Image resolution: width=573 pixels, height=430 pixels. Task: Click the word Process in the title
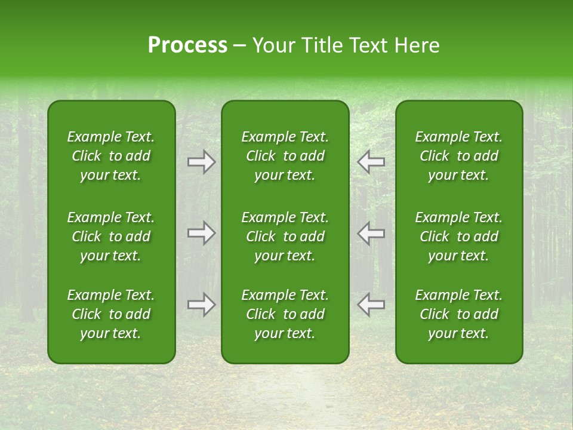coord(187,45)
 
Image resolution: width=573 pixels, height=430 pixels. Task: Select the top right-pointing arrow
coord(202,162)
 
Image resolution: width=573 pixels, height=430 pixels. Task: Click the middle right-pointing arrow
coord(202,233)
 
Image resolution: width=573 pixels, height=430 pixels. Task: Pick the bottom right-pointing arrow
coord(202,305)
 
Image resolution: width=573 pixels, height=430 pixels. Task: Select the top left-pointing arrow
coord(371,162)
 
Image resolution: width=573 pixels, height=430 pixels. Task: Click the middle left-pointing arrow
coord(371,233)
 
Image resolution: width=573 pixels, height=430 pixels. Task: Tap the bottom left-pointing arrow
coord(371,305)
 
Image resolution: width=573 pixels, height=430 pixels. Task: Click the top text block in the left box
coord(111,156)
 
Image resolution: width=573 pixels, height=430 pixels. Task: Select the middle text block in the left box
coord(111,236)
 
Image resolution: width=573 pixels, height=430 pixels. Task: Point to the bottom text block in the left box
coord(111,314)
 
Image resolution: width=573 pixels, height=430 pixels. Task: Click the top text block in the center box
coord(285,156)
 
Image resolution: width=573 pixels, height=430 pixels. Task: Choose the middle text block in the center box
coord(285,236)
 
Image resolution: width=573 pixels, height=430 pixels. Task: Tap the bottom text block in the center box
coord(285,314)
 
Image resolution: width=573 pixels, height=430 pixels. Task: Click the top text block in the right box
coord(459,156)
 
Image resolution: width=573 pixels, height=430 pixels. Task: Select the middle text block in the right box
coord(459,236)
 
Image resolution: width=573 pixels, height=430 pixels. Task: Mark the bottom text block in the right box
coord(459,314)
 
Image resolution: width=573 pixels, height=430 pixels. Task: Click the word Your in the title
coord(272,45)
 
